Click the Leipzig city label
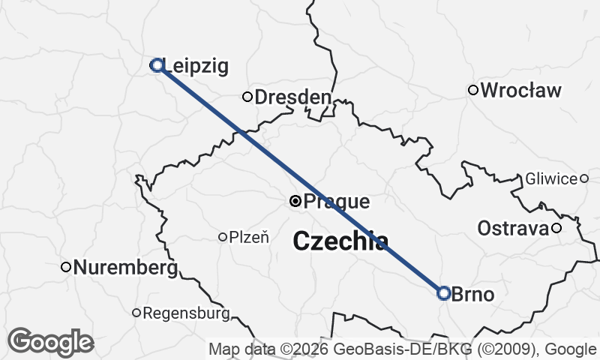(195, 66)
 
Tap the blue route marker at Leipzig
(157, 65)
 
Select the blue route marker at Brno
(443, 293)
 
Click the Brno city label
(473, 294)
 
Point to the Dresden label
(292, 97)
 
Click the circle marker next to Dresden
(247, 96)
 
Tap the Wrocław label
(520, 91)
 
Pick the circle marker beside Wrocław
(473, 90)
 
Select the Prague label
(337, 202)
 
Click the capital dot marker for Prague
(295, 201)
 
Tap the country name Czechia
(340, 241)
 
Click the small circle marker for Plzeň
(222, 237)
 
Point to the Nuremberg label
(126, 267)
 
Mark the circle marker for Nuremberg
(66, 266)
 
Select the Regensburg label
(185, 313)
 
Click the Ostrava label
(514, 228)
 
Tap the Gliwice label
(552, 178)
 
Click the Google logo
(51, 342)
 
